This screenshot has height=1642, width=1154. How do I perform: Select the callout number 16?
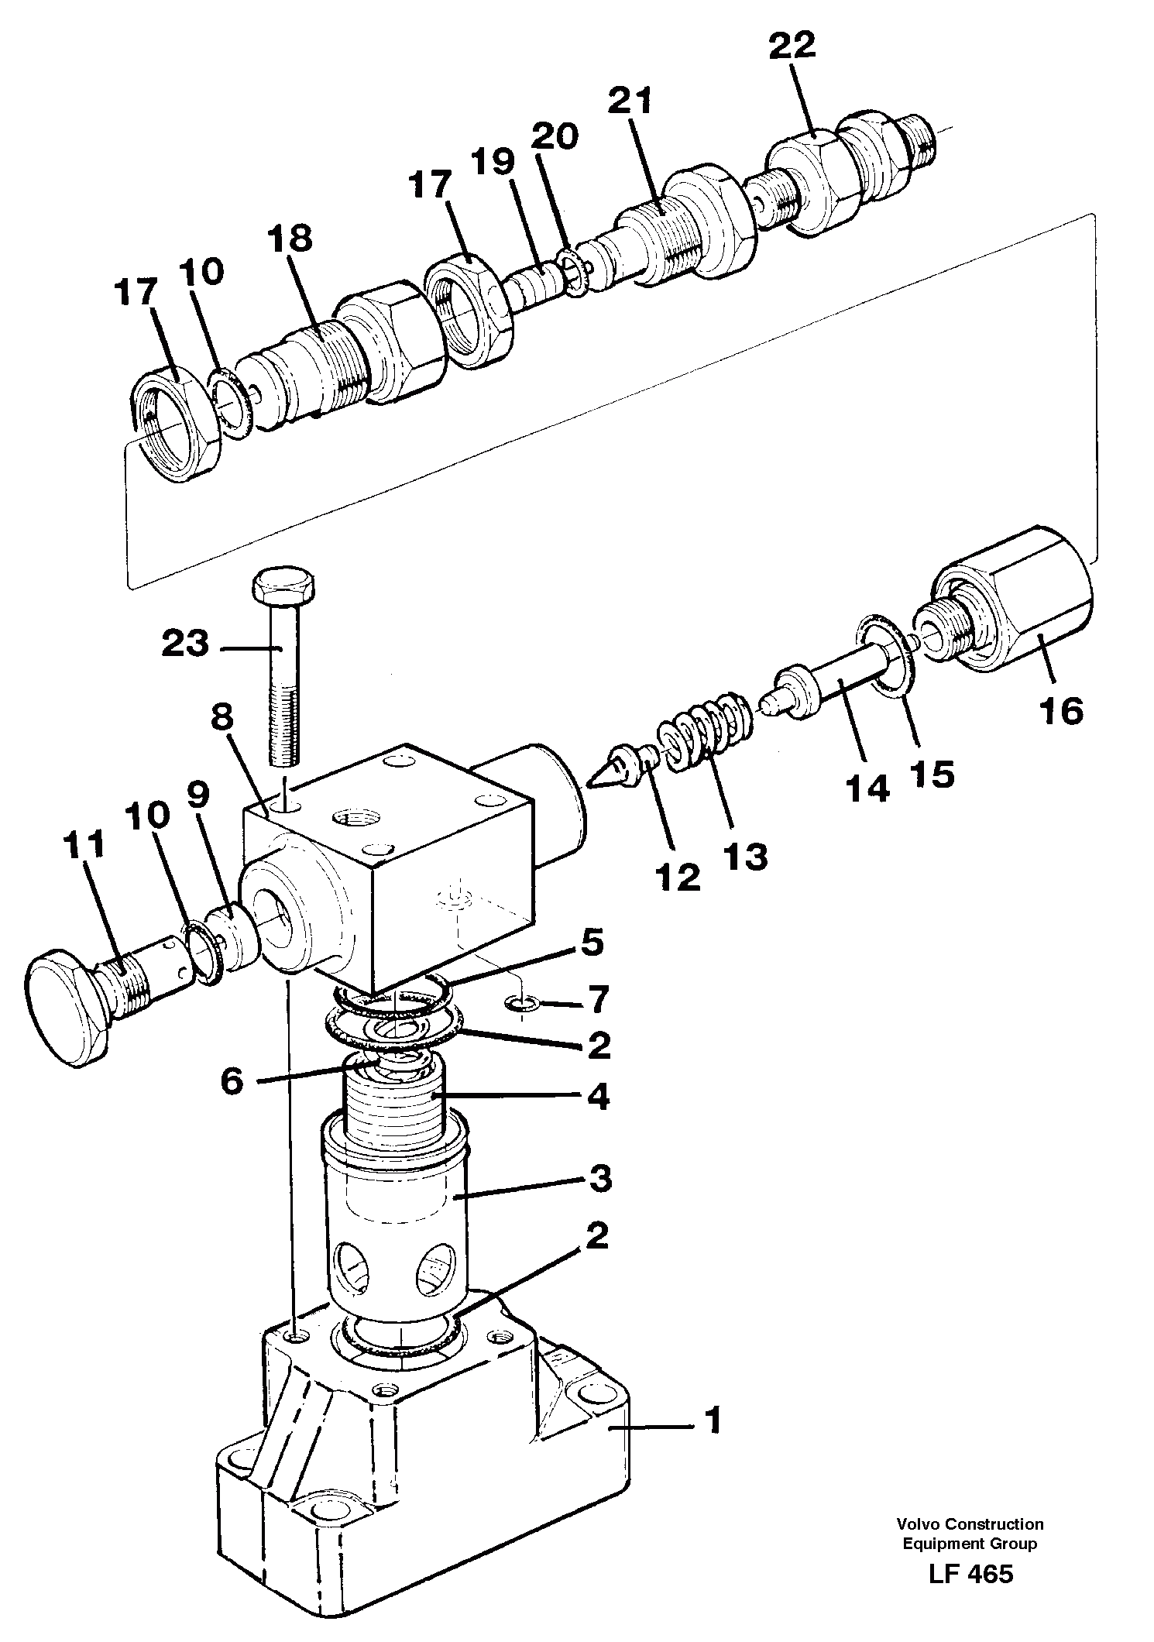pyautogui.click(x=1060, y=709)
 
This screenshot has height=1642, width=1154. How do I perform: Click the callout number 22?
pyautogui.click(x=792, y=46)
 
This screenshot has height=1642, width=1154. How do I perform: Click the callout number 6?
pyautogui.click(x=232, y=1080)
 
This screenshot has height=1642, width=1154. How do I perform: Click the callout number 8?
pyautogui.click(x=222, y=718)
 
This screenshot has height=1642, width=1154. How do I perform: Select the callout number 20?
pyautogui.click(x=555, y=137)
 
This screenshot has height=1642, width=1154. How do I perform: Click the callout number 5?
pyautogui.click(x=591, y=943)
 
